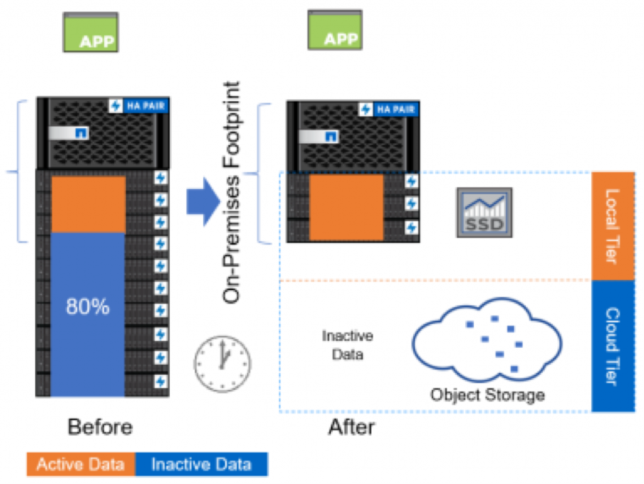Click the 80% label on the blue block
click(x=88, y=307)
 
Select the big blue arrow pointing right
click(x=203, y=201)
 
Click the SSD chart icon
click(x=484, y=212)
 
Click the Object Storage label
click(x=487, y=395)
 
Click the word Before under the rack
click(x=101, y=427)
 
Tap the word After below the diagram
click(x=351, y=427)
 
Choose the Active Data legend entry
click(x=80, y=465)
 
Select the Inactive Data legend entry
click(x=201, y=465)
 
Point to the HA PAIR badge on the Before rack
click(x=138, y=106)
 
